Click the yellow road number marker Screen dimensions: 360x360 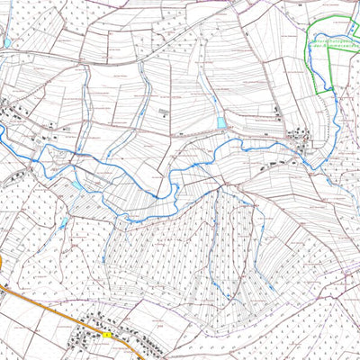tap(105, 335)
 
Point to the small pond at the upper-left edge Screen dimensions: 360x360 tap(7, 42)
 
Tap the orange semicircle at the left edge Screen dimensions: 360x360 tap(2, 261)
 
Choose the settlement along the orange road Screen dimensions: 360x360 tap(90, 340)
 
